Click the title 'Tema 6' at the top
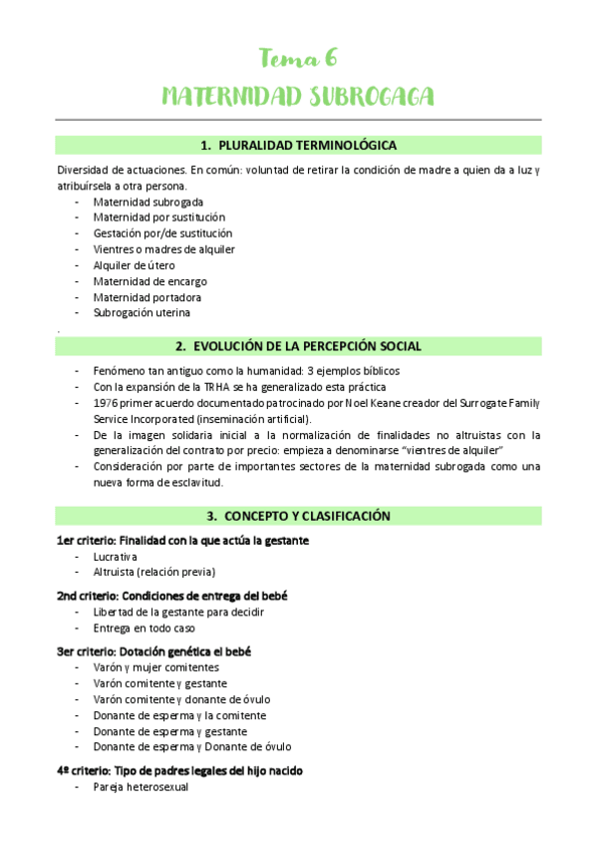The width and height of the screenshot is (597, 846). pyautogui.click(x=298, y=58)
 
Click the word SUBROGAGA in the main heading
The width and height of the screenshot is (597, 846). pyautogui.click(x=371, y=97)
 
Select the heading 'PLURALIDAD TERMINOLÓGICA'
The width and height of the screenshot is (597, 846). pyautogui.click(x=307, y=145)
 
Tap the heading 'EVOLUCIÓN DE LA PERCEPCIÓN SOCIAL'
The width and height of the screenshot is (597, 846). pyautogui.click(x=307, y=346)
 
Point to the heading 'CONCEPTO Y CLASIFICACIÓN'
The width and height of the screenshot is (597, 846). pyautogui.click(x=307, y=516)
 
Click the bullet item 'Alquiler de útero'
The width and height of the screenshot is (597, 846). pyautogui.click(x=135, y=264)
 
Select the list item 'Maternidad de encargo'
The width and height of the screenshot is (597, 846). pyautogui.click(x=149, y=280)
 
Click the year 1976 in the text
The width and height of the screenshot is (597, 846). pyautogui.click(x=106, y=402)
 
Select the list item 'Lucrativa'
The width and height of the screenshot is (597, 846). pyautogui.click(x=116, y=556)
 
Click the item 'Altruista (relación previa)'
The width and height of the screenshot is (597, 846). pyautogui.click(x=154, y=572)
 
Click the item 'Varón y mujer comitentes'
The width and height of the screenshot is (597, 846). pyautogui.click(x=156, y=667)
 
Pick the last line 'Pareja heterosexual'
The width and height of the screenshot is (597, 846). pyautogui.click(x=141, y=787)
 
